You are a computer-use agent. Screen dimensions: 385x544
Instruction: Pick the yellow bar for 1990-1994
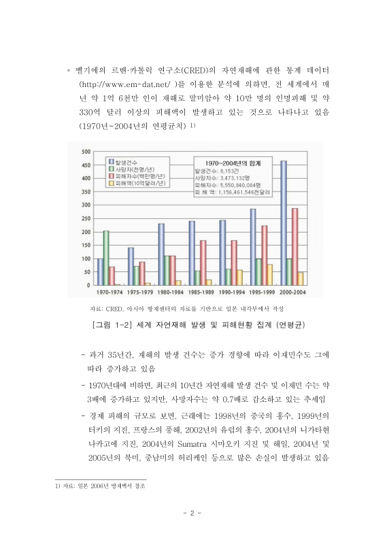pyautogui.click(x=239, y=277)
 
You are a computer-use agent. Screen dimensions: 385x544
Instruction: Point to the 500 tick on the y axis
pyautogui.click(x=86, y=152)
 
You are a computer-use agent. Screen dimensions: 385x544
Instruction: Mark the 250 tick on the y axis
pyautogui.click(x=86, y=218)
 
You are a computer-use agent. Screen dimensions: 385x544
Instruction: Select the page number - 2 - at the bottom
pyautogui.click(x=192, y=512)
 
